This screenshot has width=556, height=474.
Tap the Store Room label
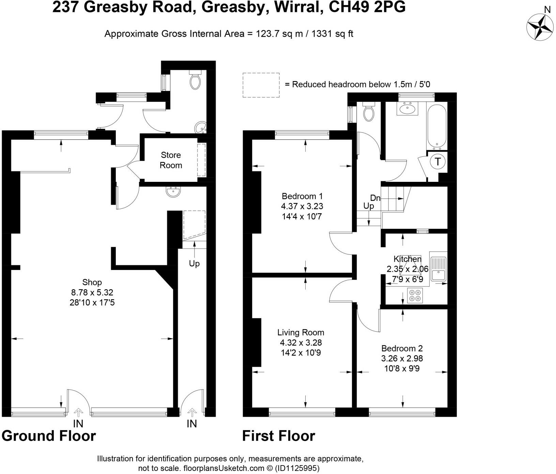click(171, 160)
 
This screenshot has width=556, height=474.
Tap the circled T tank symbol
click(438, 161)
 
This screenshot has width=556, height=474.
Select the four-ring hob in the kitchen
click(415, 295)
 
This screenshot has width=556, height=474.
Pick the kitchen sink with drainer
click(438, 266)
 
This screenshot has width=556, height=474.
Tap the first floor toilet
click(368, 113)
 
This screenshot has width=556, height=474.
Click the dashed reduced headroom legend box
click(261, 85)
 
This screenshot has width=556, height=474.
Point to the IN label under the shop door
click(78, 424)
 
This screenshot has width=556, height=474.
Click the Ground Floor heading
click(49, 436)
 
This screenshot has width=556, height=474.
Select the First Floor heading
click(278, 436)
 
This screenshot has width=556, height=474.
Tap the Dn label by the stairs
click(375, 198)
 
